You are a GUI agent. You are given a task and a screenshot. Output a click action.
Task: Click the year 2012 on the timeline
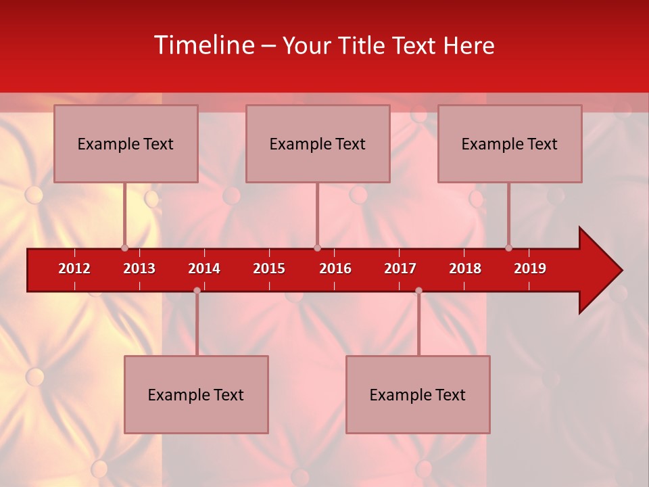[x=74, y=269]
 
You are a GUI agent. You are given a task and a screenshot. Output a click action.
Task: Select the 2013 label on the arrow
[x=139, y=269]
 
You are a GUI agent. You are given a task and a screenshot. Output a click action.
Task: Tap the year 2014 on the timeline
[x=204, y=269]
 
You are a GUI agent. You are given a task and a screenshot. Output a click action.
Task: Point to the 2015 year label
[x=269, y=269]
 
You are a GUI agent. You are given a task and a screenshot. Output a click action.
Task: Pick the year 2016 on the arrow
[x=335, y=269]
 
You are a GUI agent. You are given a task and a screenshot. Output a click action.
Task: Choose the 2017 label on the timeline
[x=400, y=269]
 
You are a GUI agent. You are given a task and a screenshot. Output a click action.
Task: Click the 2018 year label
[x=465, y=269]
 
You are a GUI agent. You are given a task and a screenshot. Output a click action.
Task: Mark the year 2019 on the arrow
[x=530, y=269]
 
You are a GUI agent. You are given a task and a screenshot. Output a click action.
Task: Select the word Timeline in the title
[x=203, y=45]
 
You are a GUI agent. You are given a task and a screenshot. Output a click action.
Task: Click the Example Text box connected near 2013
[x=126, y=143]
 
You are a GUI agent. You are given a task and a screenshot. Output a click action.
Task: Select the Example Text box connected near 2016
[x=318, y=143]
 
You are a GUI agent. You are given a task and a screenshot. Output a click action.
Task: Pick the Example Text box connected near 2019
[x=510, y=143]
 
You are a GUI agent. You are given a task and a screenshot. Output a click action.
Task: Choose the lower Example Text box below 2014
[x=196, y=394]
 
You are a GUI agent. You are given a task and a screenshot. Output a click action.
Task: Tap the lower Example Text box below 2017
[x=418, y=394]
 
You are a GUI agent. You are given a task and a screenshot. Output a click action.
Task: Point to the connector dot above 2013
[x=124, y=248]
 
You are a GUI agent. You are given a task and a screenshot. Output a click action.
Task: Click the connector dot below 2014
[x=197, y=290]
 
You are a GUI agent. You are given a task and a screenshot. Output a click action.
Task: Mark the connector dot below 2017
[x=418, y=290]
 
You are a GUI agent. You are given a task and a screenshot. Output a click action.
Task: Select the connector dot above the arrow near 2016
[x=317, y=248]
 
